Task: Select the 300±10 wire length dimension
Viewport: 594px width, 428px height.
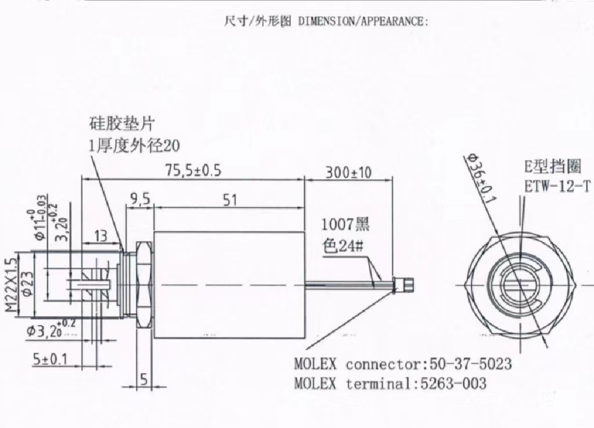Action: (x=348, y=172)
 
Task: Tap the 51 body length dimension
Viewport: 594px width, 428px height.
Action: (x=230, y=200)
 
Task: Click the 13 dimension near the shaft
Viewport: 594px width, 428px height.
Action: (x=100, y=235)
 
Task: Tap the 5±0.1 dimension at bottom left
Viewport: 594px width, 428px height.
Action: (x=50, y=360)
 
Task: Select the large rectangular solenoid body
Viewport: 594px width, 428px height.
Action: (x=230, y=284)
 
